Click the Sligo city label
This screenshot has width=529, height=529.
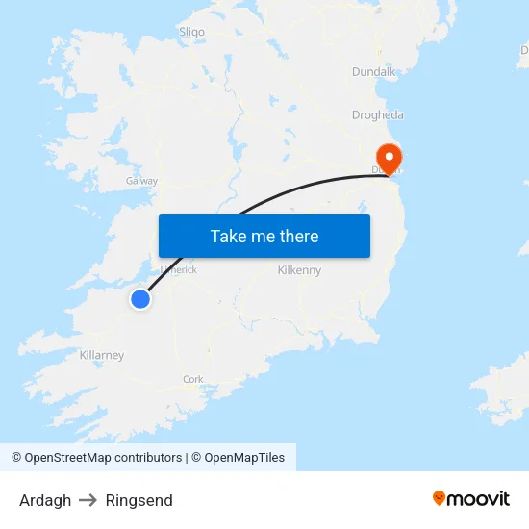[x=191, y=32]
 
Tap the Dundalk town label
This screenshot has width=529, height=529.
[x=373, y=71]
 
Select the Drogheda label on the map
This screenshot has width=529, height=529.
[x=377, y=114]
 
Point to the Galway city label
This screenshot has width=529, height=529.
[x=141, y=181]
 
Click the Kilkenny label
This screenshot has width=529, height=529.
[x=299, y=270]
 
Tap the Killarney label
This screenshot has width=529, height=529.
[x=102, y=355]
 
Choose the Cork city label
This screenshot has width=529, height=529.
[x=192, y=379]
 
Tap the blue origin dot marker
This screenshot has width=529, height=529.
[x=140, y=299]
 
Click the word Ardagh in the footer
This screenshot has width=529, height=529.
[x=45, y=500]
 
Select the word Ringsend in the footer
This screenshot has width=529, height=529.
[x=139, y=500]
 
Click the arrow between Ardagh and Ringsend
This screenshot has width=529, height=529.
[x=88, y=500]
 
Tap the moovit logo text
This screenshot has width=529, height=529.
[x=479, y=498]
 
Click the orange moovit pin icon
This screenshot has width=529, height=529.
[x=440, y=498]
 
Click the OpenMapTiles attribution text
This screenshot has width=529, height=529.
[x=244, y=458]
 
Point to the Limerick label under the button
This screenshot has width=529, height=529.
[x=179, y=270]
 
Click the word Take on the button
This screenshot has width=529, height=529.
[x=228, y=236]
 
